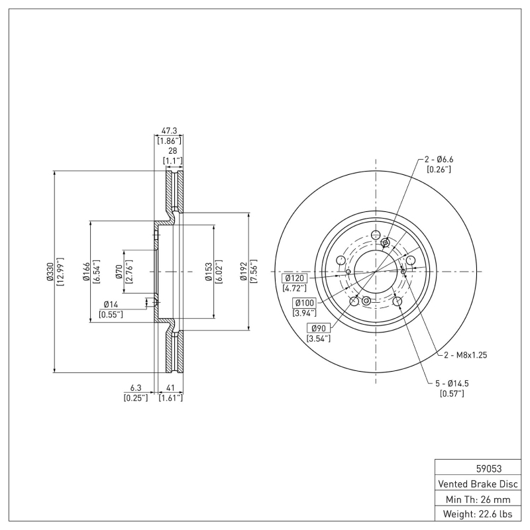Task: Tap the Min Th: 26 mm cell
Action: [477, 499]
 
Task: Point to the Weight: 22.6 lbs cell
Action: [477, 514]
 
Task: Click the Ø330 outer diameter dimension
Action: [50, 272]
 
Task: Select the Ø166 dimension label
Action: [87, 272]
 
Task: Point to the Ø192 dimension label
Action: [244, 272]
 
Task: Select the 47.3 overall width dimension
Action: [169, 132]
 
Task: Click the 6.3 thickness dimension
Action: [136, 389]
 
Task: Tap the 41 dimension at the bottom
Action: [170, 389]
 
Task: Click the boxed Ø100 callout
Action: [305, 303]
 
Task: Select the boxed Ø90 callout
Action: [317, 329]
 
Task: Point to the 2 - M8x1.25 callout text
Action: [465, 355]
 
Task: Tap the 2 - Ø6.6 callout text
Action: [439, 159]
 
